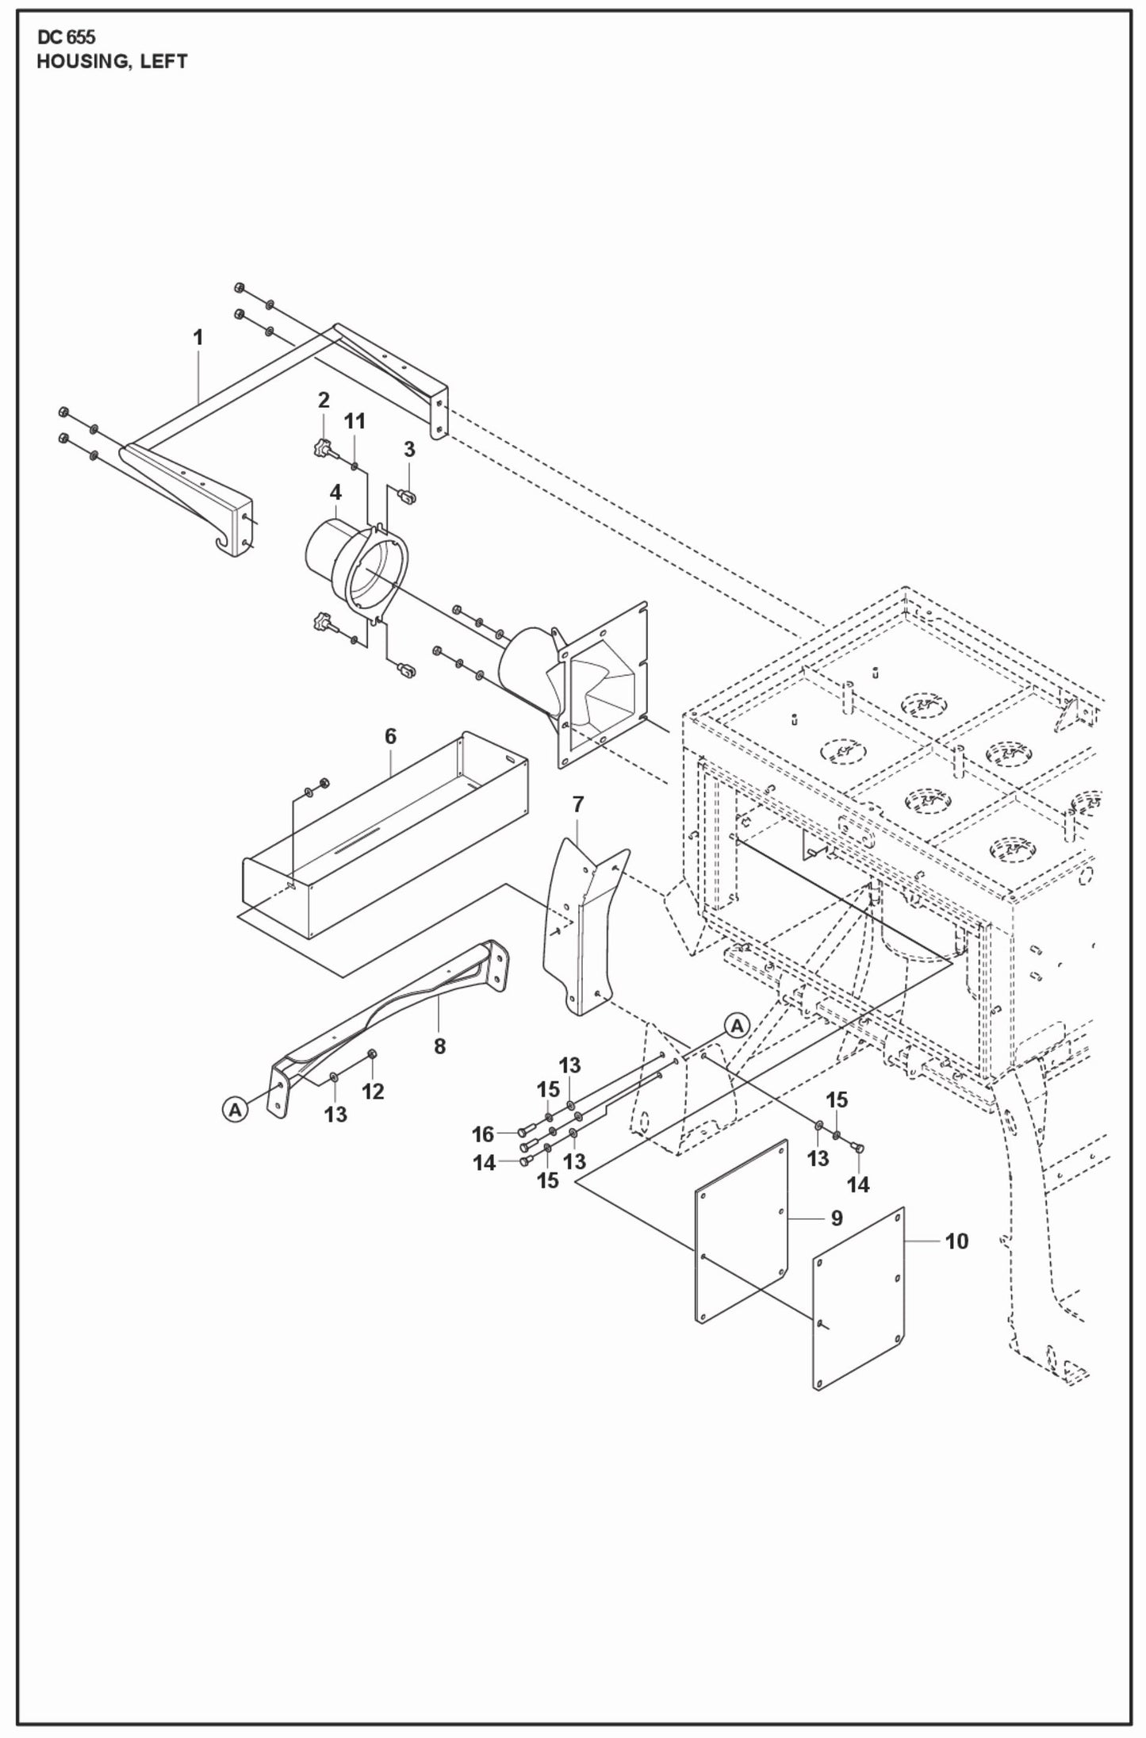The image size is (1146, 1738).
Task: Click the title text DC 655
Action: tap(66, 38)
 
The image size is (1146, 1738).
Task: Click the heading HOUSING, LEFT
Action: tap(112, 62)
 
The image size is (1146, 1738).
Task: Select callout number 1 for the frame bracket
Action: tap(198, 337)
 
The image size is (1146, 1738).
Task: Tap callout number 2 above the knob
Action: tap(324, 400)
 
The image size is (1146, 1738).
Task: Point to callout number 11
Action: tap(355, 421)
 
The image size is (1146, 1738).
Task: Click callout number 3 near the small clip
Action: tap(409, 449)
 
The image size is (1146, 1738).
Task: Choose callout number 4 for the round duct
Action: tap(335, 493)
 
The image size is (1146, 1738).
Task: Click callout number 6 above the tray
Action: tap(390, 736)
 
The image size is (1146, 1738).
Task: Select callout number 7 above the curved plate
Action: tap(577, 804)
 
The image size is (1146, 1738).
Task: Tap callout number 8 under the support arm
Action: tap(439, 1046)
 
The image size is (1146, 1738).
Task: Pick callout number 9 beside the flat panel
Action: tap(837, 1218)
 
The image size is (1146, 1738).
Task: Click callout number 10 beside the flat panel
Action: tap(956, 1241)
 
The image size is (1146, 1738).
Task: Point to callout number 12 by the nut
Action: tap(373, 1092)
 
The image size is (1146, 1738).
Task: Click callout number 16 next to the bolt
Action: tap(483, 1134)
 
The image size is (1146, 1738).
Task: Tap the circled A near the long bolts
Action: tap(737, 1026)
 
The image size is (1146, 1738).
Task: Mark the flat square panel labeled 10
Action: tap(858, 1301)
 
